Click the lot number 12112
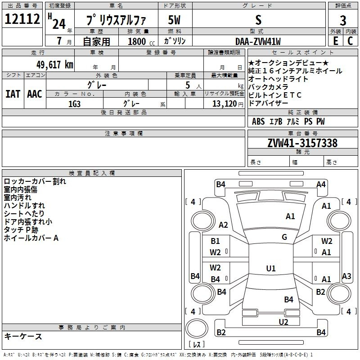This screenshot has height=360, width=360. coord(22,19)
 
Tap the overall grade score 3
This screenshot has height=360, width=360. coord(343,21)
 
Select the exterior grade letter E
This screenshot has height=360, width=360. coord(336,41)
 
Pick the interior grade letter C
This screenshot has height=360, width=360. coord(350,41)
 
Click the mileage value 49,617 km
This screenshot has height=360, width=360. coord(55,65)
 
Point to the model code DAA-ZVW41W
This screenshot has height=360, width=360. coord(258,41)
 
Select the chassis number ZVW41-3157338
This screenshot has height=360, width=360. coord(302,143)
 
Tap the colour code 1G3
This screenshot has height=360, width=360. coord(74,104)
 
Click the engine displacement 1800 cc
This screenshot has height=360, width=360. coord(141,42)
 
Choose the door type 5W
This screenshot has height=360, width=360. coord(174,20)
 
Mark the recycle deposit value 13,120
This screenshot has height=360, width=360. coord(224,104)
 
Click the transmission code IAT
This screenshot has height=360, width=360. coord(13,94)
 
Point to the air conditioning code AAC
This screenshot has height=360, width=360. coord(35,94)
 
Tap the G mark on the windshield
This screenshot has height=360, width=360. coord(284,237)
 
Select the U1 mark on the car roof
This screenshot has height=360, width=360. coord(271,268)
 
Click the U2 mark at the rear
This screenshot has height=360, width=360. coord(283,322)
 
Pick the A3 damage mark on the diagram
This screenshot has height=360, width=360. coord(346,276)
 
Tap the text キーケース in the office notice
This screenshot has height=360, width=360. coord(23,337)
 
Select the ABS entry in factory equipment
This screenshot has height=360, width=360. coord(258,121)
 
